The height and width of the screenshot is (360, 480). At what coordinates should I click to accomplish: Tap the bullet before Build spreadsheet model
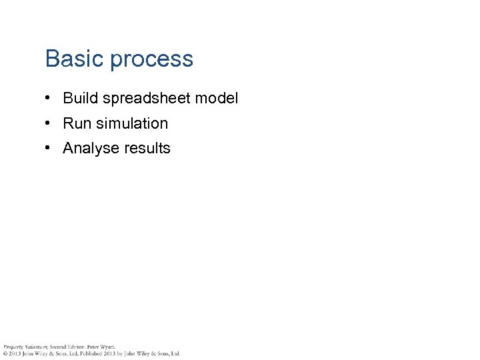pos(49,98)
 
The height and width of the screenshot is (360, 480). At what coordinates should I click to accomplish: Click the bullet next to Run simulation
pos(49,123)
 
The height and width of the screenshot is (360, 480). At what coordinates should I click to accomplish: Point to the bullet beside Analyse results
pos(49,148)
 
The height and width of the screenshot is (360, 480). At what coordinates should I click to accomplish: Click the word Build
pos(78,98)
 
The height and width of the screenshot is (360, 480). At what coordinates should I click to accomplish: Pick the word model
pos(217,98)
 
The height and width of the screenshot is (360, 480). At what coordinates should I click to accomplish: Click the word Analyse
pos(87,149)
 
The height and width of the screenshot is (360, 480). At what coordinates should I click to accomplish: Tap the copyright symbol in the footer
pos(4,353)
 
